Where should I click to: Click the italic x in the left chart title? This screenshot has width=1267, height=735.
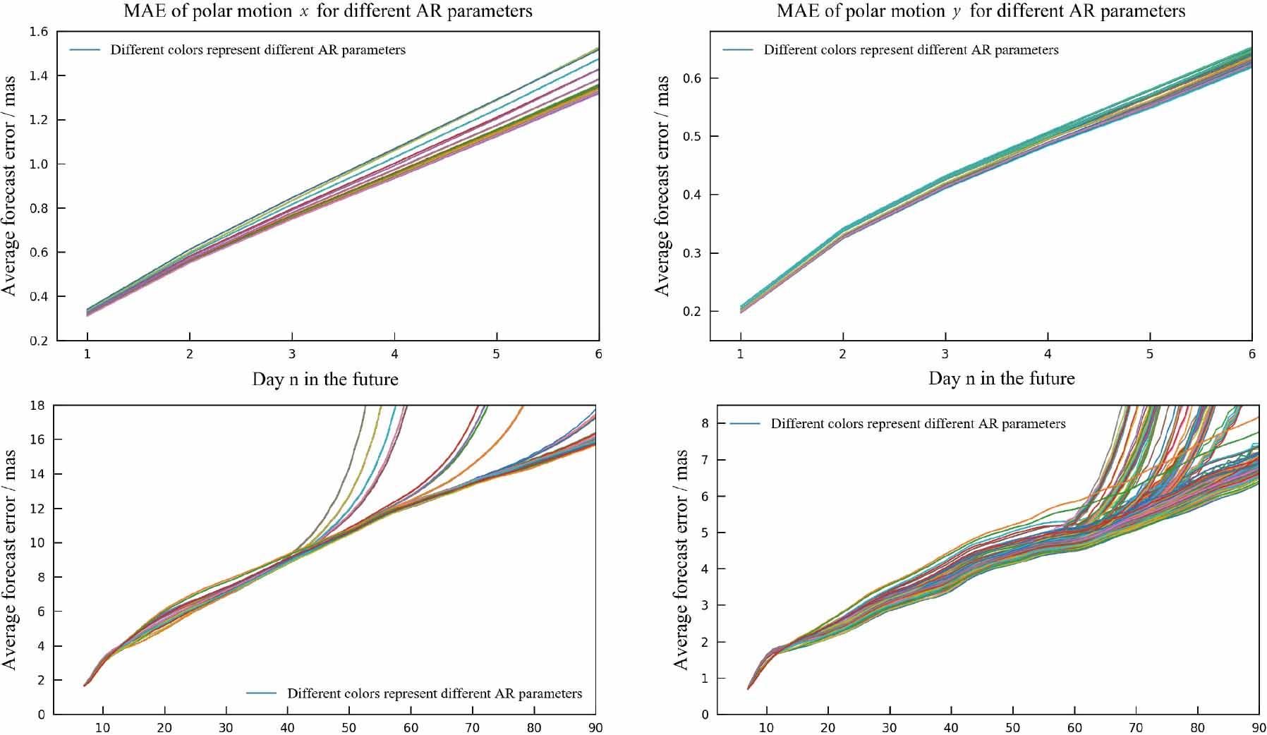click(x=304, y=12)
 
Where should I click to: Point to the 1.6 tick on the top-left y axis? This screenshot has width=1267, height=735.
click(x=39, y=32)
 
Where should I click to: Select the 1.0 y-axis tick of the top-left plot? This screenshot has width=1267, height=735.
click(x=39, y=164)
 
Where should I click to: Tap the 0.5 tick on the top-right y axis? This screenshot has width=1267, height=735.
click(x=692, y=136)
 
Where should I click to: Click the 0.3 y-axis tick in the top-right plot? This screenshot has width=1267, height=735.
click(x=692, y=253)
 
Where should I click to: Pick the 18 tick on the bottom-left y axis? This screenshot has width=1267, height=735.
click(x=37, y=406)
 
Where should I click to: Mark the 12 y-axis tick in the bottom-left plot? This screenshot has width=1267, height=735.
click(x=37, y=509)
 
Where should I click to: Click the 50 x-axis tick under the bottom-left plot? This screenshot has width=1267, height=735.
click(x=349, y=727)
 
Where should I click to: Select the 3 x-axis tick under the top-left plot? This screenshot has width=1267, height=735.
click(x=292, y=354)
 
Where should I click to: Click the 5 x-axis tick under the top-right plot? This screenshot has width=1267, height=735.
click(x=1150, y=354)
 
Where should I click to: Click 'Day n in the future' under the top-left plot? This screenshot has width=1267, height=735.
click(x=325, y=379)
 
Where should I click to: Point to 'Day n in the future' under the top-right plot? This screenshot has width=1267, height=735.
click(x=1002, y=379)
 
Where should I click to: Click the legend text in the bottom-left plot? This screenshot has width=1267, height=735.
click(x=435, y=693)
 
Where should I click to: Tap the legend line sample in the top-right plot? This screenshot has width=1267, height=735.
click(x=738, y=50)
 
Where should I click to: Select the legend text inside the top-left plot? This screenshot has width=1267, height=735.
click(x=257, y=50)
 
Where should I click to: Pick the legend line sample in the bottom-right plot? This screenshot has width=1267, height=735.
click(x=745, y=424)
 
